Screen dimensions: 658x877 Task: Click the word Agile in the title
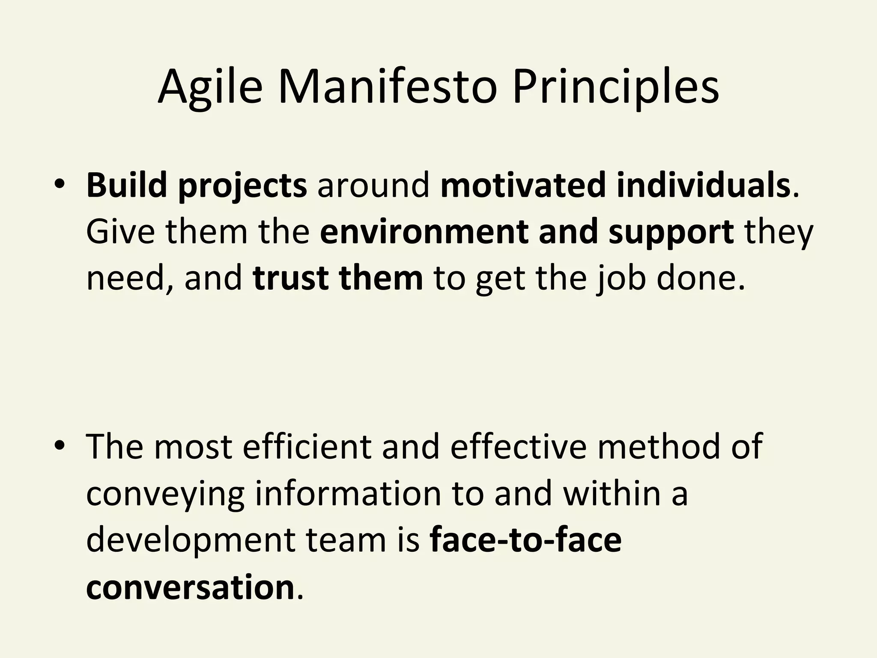[x=209, y=88]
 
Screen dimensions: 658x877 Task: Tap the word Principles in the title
[x=615, y=88]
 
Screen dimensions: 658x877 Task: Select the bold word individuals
[x=703, y=185]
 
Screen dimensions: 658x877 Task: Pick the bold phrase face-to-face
[x=525, y=539]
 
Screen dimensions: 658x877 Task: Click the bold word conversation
[x=190, y=587]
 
